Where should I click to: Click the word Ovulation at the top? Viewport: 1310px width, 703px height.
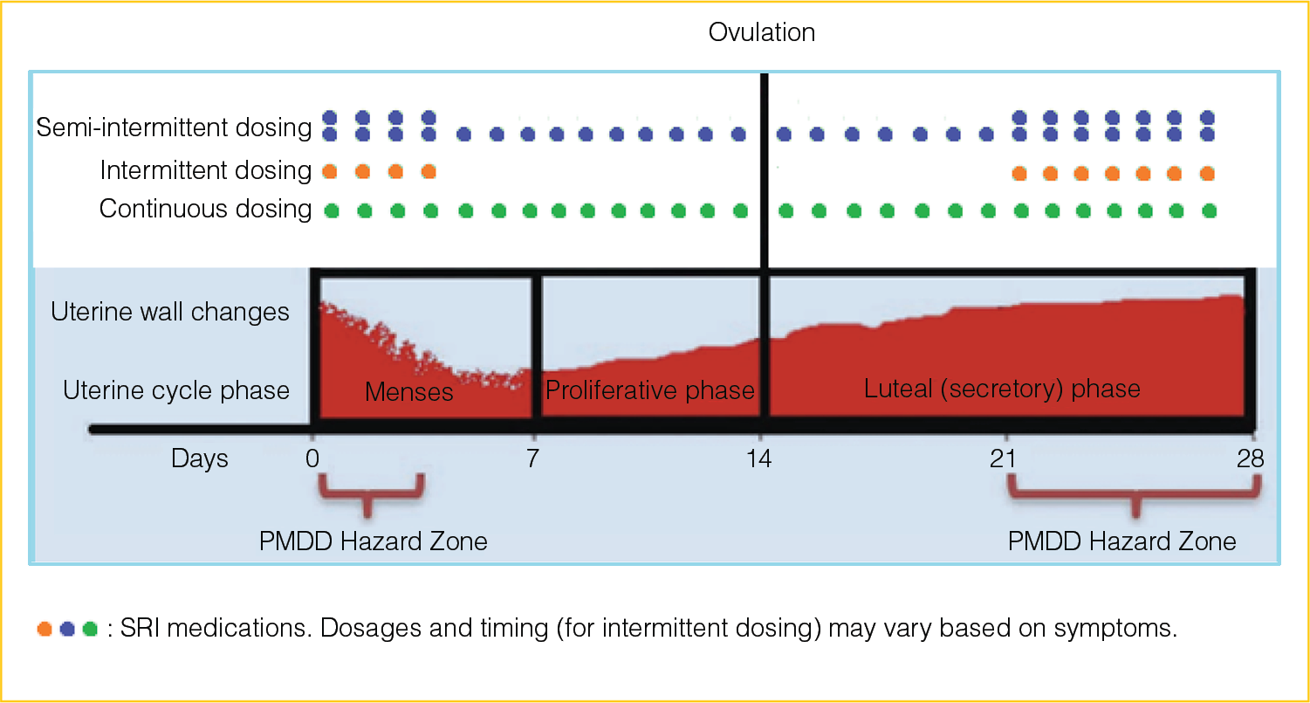[x=762, y=33]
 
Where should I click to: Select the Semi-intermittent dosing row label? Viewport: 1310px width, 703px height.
[x=174, y=128]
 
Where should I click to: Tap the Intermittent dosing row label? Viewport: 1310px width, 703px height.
[x=205, y=170]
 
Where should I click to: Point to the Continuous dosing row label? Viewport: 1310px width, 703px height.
[x=205, y=210]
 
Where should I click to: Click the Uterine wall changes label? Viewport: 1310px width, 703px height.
[x=170, y=312]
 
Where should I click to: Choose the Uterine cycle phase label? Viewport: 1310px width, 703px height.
[x=176, y=389]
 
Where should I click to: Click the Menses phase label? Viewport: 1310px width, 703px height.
[x=409, y=392]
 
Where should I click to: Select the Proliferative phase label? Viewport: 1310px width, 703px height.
[x=650, y=389]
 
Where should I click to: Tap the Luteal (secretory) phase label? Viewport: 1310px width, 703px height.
[x=1002, y=389]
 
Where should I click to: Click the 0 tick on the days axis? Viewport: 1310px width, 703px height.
[x=313, y=458]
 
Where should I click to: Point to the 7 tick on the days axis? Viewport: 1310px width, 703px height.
[x=532, y=458]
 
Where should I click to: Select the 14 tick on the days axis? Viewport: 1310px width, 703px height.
[x=761, y=458]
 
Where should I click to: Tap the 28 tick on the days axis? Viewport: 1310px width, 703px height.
[x=1250, y=458]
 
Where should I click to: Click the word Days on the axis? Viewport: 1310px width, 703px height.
[x=200, y=458]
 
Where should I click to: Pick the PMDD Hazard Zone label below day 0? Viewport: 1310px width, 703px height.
[x=374, y=541]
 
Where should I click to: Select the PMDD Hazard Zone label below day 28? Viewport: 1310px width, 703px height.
[x=1122, y=541]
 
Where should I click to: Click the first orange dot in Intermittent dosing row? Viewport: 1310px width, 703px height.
[x=330, y=171]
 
